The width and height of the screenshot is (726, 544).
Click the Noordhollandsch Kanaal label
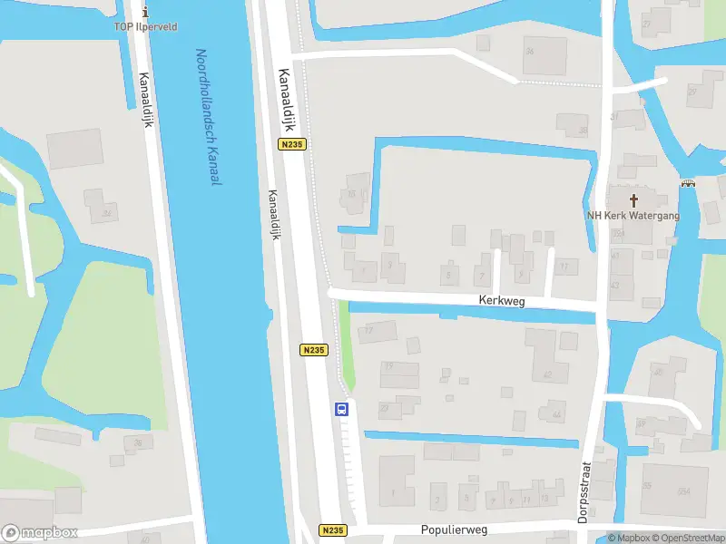209,118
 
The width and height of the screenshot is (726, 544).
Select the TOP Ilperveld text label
145,27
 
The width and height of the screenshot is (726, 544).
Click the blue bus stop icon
342,409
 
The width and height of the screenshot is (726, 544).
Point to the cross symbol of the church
633,200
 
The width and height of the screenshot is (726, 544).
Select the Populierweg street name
454,529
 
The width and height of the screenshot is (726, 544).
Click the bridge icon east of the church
688,184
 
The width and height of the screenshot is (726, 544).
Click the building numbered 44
555,414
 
